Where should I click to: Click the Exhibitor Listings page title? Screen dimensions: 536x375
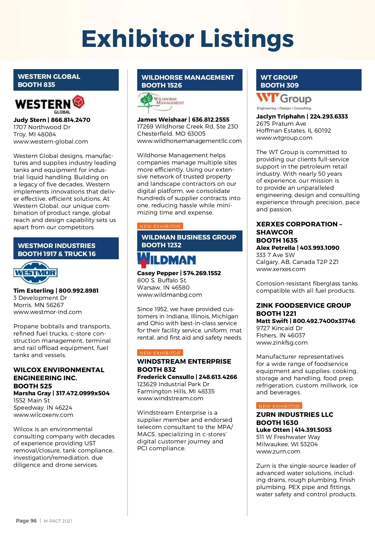click(x=187, y=38)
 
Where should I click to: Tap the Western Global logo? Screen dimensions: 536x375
click(x=49, y=104)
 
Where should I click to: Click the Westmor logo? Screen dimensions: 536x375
click(x=35, y=272)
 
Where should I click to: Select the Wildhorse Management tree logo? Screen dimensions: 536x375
click(x=161, y=102)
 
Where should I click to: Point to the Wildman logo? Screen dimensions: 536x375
click(x=167, y=260)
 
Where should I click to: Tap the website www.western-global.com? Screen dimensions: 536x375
click(x=51, y=142)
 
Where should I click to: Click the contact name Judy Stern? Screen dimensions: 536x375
click(x=30, y=120)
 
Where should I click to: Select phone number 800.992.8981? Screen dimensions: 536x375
click(x=79, y=291)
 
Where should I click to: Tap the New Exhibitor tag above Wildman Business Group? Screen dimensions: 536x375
click(x=160, y=226)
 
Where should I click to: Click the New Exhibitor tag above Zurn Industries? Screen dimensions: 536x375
click(x=279, y=406)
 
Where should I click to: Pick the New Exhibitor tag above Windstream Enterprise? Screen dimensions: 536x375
click(x=160, y=353)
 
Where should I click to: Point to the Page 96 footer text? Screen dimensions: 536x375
click(x=26, y=521)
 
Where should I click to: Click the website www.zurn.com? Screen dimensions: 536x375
click(x=278, y=452)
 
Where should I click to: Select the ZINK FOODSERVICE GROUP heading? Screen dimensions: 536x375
click(x=303, y=306)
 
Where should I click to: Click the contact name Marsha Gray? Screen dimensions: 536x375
click(x=32, y=393)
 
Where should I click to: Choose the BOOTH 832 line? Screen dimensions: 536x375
click(x=156, y=369)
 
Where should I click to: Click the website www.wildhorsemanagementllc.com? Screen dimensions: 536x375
click(x=189, y=141)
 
